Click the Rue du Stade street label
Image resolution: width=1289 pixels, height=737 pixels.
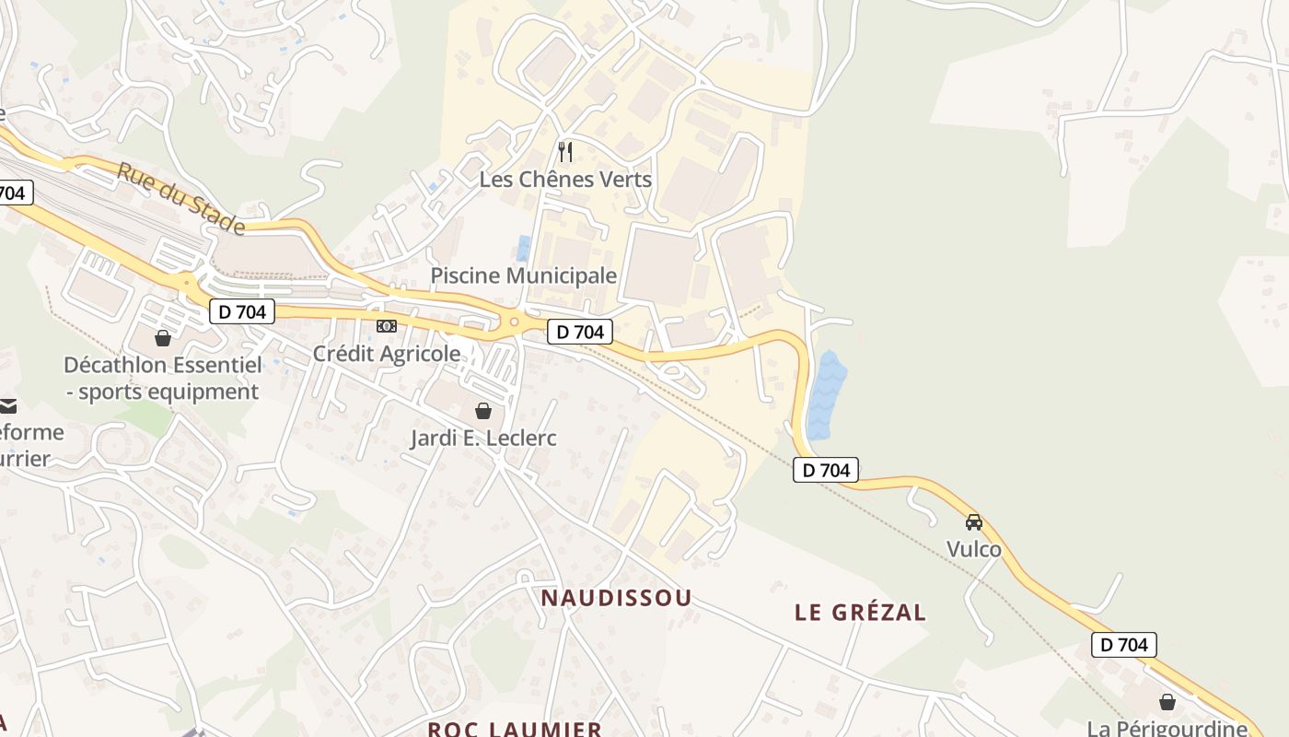(x=181, y=198)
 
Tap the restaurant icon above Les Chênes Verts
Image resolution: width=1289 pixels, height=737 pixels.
(x=565, y=151)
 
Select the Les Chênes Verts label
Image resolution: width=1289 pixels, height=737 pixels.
(x=565, y=180)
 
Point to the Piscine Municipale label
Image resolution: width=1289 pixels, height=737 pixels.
(x=524, y=275)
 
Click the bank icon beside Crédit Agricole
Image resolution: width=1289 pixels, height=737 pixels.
(x=387, y=326)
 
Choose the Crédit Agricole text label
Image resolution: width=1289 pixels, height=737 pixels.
(x=387, y=354)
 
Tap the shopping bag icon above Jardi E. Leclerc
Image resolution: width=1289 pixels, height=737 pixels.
(x=483, y=411)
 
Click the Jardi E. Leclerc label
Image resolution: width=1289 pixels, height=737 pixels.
(x=483, y=438)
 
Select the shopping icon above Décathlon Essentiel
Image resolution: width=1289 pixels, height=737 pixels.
(x=163, y=338)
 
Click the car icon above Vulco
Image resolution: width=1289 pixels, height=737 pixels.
(x=974, y=522)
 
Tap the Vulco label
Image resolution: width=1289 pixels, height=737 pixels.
(x=974, y=549)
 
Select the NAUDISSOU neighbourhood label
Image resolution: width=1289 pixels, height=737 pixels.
(x=616, y=598)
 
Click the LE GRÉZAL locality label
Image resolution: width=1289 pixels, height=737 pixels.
(x=860, y=612)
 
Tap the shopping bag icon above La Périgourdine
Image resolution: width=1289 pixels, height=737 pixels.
(x=1167, y=702)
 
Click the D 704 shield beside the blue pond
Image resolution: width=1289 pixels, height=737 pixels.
(x=826, y=470)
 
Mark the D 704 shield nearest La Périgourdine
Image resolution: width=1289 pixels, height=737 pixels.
(x=1123, y=645)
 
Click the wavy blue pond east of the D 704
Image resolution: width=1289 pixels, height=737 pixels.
(x=826, y=394)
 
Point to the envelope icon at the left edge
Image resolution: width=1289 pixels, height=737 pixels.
(x=8, y=405)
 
